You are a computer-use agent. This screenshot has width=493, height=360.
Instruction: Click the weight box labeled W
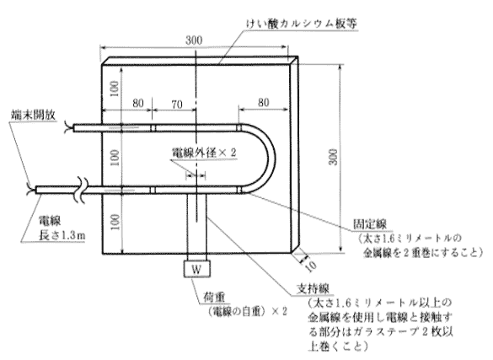point(197,269)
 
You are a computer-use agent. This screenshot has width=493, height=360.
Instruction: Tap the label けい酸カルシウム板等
point(301,24)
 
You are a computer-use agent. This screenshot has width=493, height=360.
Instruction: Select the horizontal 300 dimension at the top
point(194,40)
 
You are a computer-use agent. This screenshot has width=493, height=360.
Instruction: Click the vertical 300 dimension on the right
point(334,157)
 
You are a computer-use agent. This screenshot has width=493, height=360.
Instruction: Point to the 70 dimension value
point(177,104)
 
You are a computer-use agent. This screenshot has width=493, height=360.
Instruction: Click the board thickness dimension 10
point(311,266)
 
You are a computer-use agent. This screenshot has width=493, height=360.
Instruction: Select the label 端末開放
point(34,115)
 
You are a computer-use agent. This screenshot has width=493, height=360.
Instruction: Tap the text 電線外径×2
point(204,153)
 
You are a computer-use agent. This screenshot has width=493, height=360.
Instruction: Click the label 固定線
point(370,224)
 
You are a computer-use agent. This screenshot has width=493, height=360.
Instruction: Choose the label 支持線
point(313,288)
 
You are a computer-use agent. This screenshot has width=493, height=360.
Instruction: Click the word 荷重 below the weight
point(214,297)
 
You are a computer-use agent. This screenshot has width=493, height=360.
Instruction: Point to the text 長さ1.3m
point(62,235)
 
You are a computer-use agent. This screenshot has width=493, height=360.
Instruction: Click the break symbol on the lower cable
point(82,190)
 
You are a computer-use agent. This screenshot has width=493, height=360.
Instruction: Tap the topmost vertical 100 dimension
point(115,89)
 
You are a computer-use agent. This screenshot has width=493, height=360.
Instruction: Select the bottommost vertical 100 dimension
point(115,222)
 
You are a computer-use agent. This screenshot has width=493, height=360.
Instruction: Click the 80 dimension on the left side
point(138,103)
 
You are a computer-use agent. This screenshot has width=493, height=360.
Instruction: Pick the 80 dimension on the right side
point(264,103)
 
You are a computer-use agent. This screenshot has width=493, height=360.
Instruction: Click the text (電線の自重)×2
point(247,311)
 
